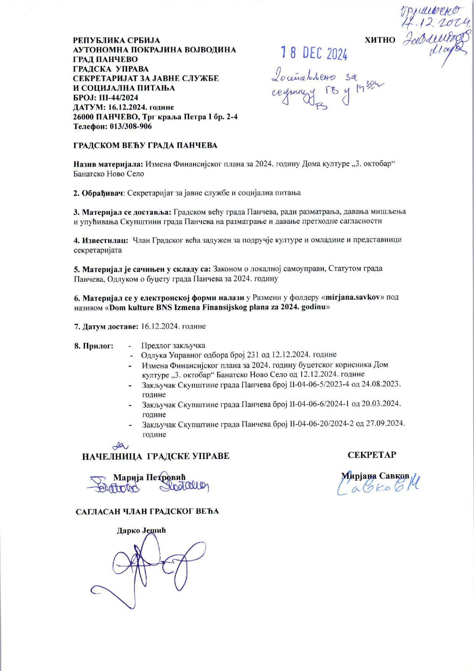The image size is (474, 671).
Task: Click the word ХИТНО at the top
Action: point(380,40)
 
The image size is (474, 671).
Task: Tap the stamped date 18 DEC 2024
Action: point(314,54)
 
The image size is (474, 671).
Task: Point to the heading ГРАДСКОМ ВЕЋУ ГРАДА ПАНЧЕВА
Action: point(145,145)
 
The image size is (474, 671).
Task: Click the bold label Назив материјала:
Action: point(108,164)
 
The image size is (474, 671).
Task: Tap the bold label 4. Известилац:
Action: point(100,240)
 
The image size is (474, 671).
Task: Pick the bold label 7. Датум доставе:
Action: point(106,327)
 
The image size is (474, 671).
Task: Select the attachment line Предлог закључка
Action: point(173,346)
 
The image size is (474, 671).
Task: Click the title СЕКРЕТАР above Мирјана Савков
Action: point(372,455)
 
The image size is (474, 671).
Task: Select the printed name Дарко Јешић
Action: point(141,531)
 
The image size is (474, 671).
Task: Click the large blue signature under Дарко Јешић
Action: point(145,567)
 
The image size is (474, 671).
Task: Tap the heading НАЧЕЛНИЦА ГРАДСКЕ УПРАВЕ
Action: point(156,456)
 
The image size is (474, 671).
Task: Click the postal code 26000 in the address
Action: point(83,117)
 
